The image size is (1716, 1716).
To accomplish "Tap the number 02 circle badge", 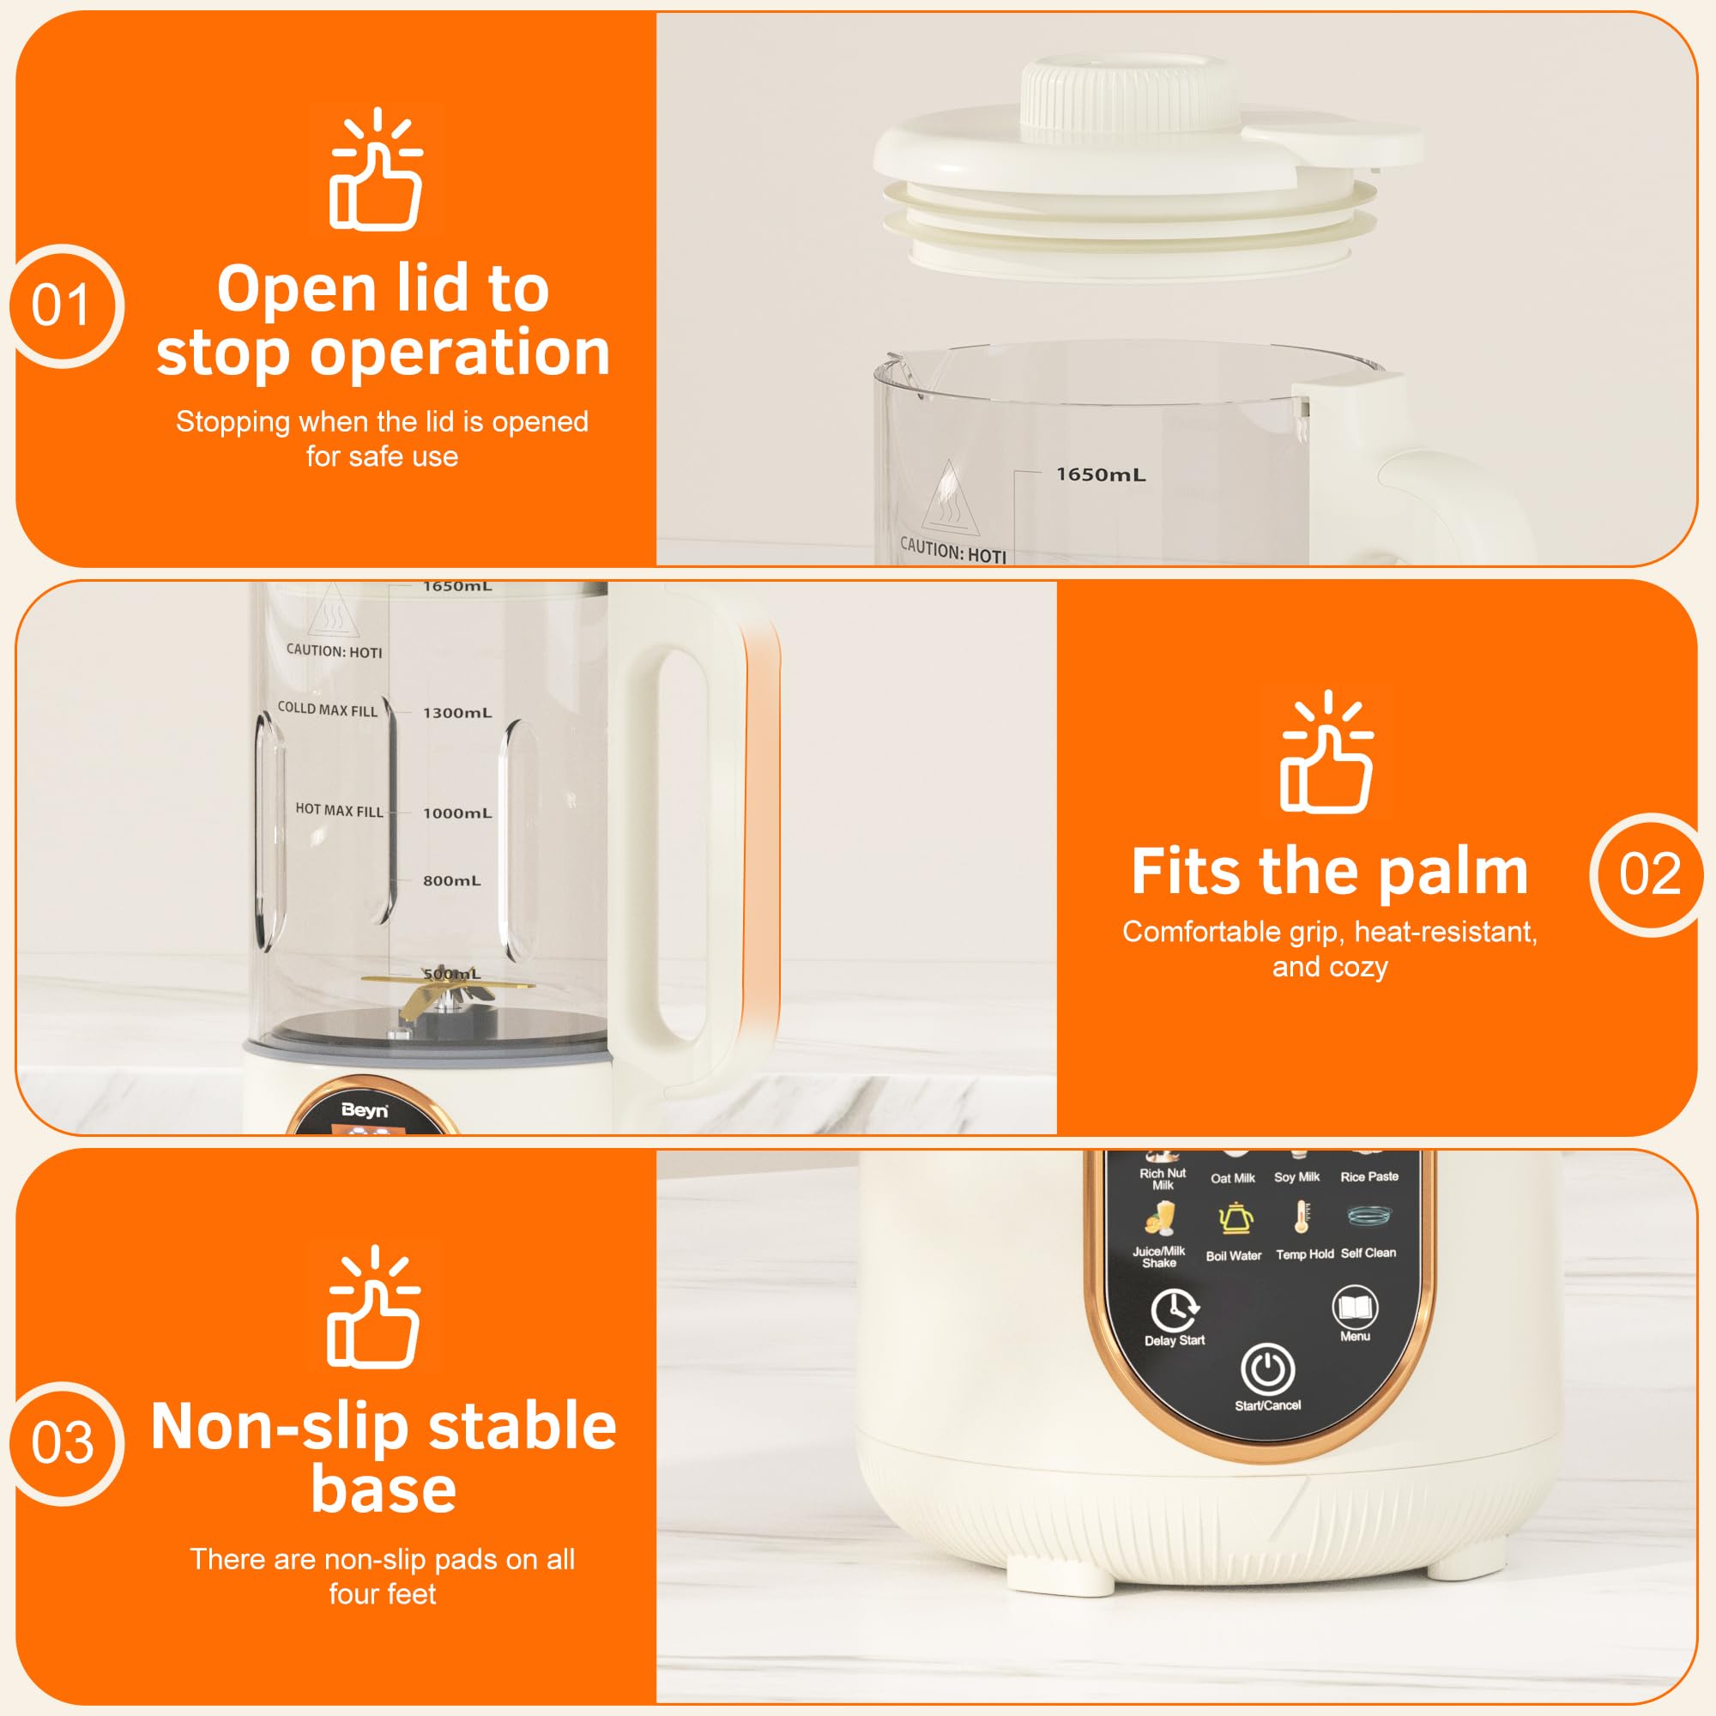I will [x=1648, y=874].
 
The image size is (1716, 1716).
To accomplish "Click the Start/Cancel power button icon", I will [x=1267, y=1369].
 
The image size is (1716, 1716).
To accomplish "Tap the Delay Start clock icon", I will [x=1175, y=1309].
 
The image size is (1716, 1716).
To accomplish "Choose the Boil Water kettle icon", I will [x=1235, y=1218].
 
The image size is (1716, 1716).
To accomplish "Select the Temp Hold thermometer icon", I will [x=1302, y=1217].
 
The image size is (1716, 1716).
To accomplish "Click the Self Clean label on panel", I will [x=1368, y=1254].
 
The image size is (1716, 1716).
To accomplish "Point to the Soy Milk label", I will [x=1296, y=1177].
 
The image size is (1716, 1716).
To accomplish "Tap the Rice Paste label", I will [x=1369, y=1177].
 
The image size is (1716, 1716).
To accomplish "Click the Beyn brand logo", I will [x=364, y=1110].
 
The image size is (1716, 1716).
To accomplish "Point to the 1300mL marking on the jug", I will [x=457, y=713].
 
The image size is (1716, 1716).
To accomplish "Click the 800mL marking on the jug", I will [x=451, y=881].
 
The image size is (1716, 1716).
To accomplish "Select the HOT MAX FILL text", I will [x=339, y=811].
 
